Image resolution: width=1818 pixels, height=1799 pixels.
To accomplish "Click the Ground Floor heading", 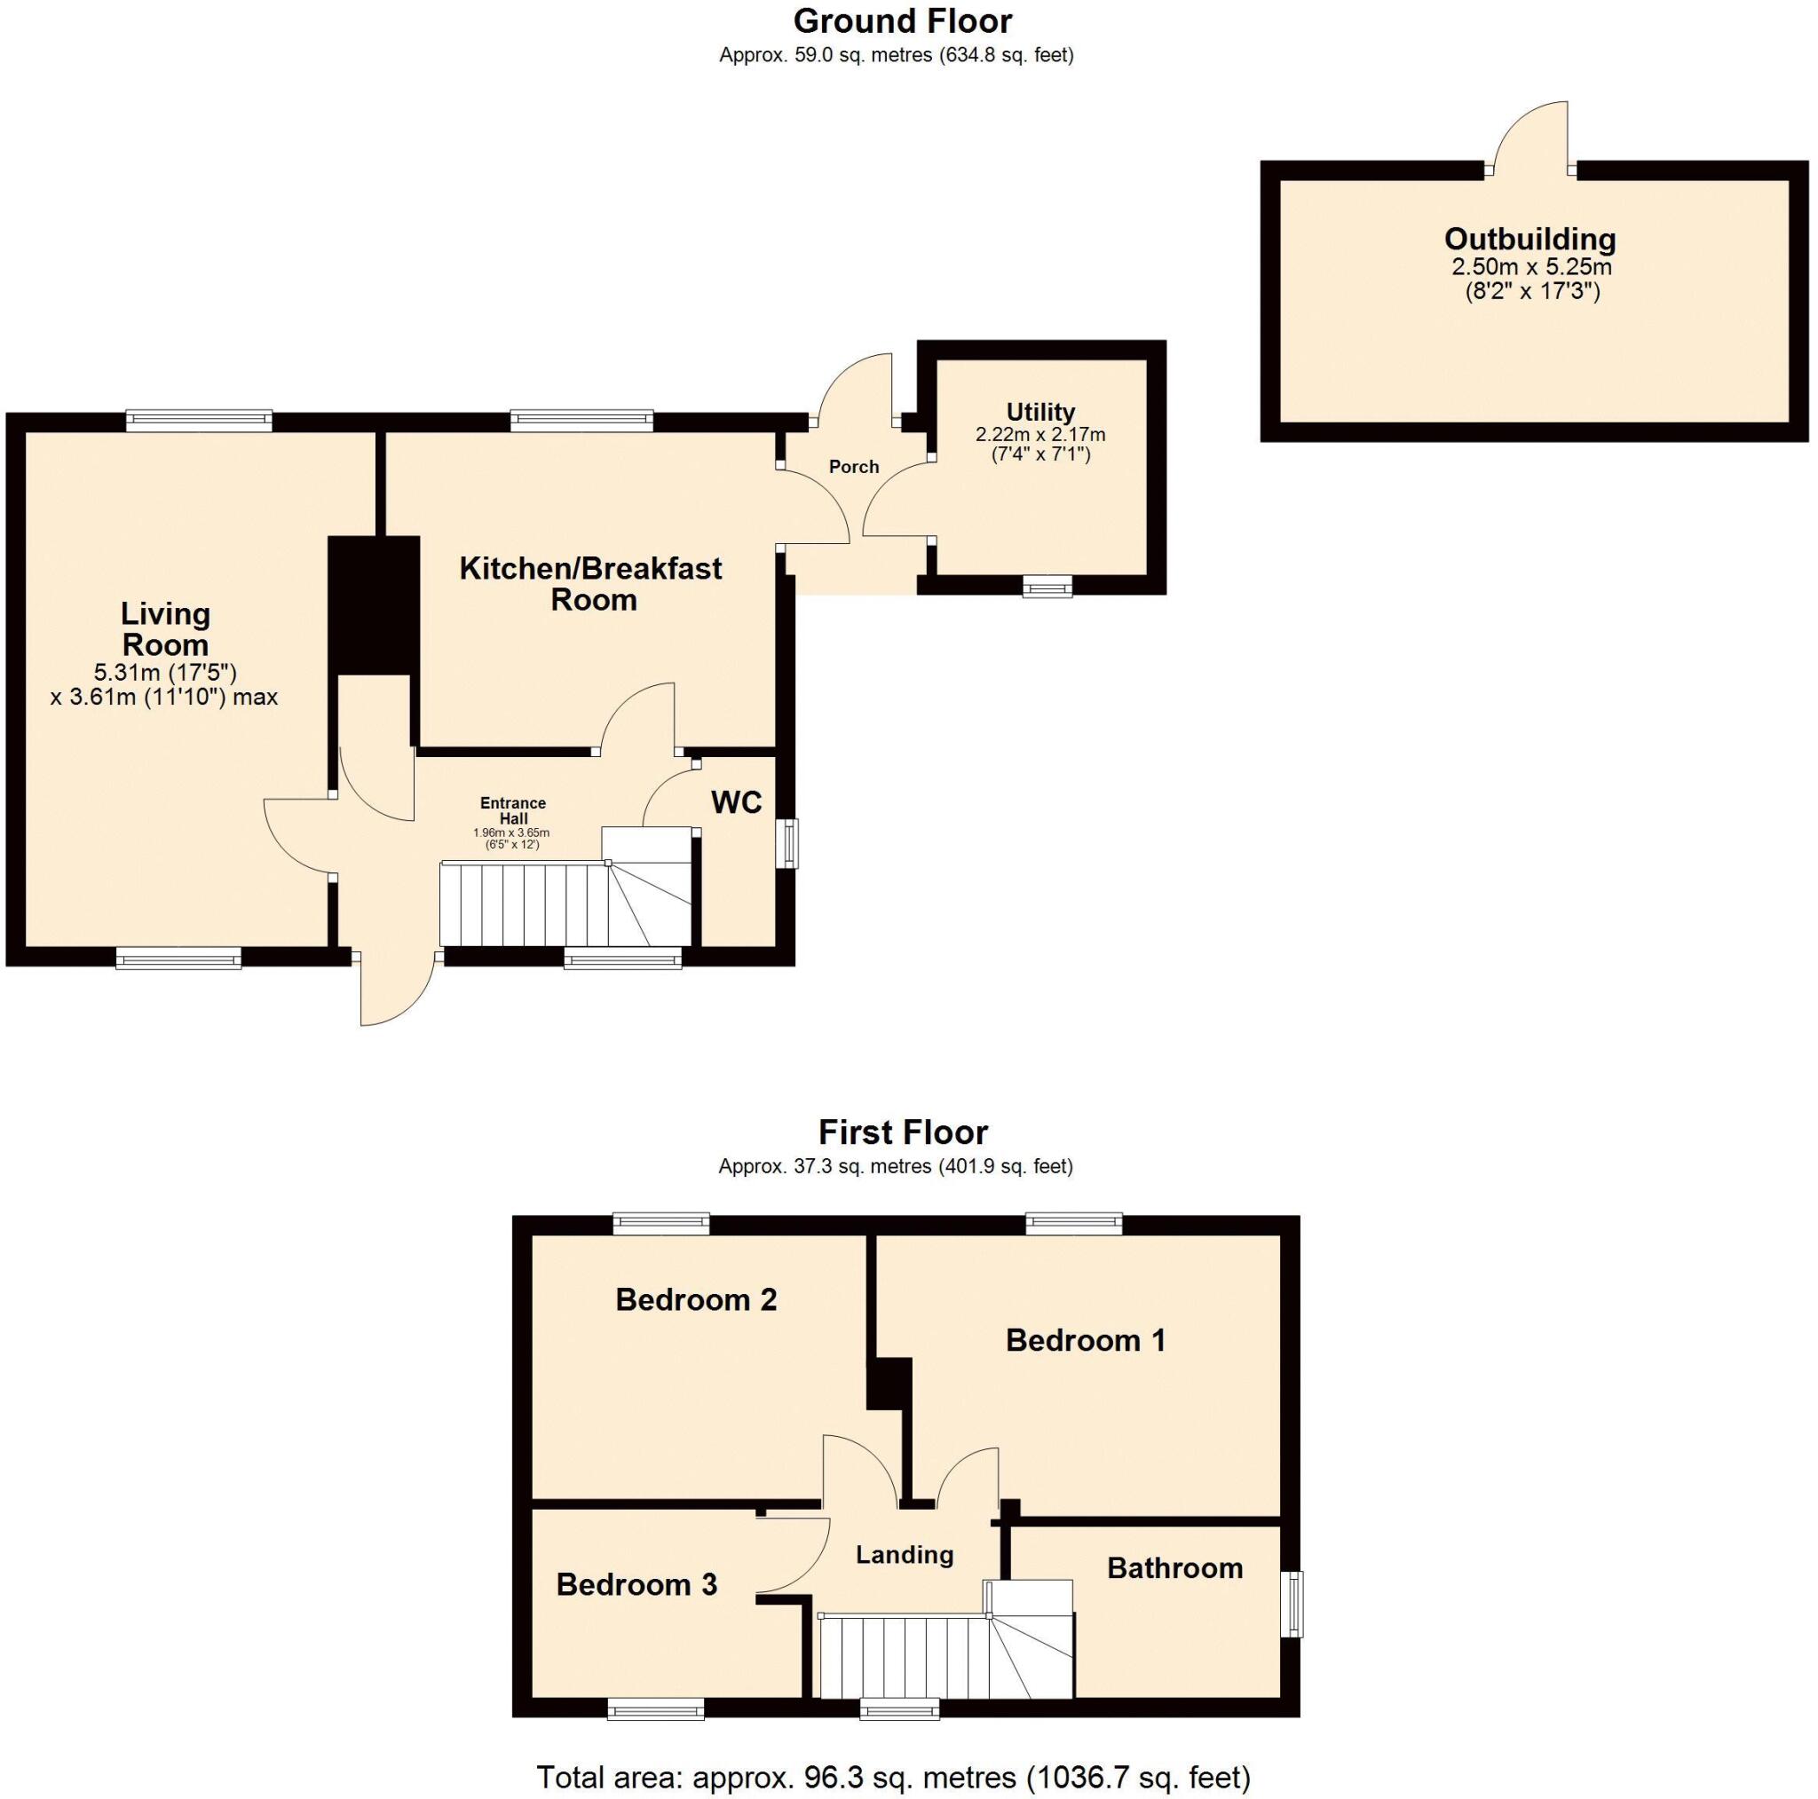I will coord(902,21).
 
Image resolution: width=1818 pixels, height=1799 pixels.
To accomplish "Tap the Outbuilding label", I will coord(1529,239).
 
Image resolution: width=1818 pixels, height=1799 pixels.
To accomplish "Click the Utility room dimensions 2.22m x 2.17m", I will coord(1039,435).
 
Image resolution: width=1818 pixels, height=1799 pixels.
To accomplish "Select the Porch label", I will coord(853,467).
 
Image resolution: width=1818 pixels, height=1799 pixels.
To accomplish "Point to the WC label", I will coord(736,802).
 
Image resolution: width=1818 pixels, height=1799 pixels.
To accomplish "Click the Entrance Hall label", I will coord(513,810).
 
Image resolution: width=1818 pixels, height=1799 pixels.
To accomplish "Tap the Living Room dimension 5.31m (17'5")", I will coord(165,673).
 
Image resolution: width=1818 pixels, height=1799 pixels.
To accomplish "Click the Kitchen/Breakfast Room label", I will coord(591,583).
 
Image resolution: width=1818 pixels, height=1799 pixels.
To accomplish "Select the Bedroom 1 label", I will coord(1085,1340).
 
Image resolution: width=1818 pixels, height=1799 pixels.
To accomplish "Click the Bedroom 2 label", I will coord(695,1299).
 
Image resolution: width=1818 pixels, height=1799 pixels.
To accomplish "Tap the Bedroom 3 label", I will coord(636,1584).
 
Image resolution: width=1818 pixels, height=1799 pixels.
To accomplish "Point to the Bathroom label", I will coord(1174,1567).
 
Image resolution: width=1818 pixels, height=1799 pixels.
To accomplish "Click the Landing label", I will coord(904,1554).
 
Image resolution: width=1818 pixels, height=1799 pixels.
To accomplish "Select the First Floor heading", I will coord(902,1132).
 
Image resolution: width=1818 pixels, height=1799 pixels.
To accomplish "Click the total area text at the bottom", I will coord(892,1777).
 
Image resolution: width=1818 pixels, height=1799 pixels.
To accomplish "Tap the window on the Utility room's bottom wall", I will coord(1047,588).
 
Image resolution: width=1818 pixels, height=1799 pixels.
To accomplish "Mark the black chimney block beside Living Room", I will coord(374,604).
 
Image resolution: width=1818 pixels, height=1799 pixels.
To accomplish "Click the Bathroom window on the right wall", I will coord(1296,1603).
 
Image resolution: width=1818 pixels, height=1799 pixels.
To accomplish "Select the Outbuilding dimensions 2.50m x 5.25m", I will coord(1531,266).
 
